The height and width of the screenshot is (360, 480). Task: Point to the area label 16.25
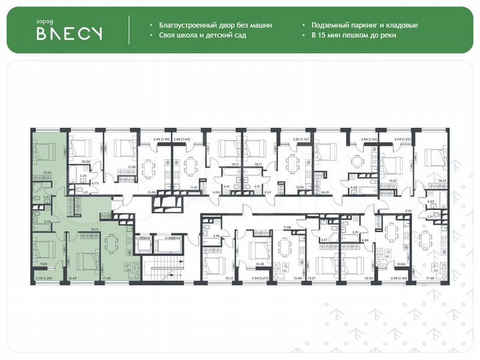(441, 180)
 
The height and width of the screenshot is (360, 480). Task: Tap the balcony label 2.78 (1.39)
(43, 278)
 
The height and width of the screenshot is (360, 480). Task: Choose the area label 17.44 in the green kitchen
(107, 278)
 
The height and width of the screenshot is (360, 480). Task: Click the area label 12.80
(132, 166)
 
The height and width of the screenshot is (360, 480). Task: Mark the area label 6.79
(95, 183)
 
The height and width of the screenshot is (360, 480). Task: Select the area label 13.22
(393, 180)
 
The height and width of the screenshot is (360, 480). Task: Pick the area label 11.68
(287, 228)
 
